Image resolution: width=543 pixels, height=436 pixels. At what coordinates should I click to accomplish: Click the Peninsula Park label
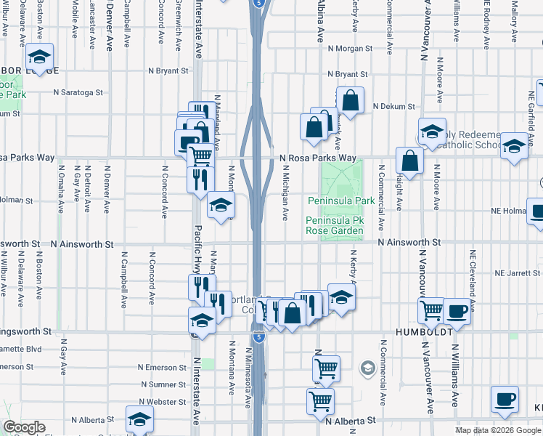click(340, 201)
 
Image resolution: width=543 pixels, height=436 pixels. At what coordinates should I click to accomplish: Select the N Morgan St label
click(350, 49)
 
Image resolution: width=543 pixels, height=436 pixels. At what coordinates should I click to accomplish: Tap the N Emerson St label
click(162, 368)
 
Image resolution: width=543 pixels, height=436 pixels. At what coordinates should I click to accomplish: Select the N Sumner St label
click(164, 384)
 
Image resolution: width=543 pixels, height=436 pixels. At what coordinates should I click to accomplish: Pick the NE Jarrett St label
click(518, 274)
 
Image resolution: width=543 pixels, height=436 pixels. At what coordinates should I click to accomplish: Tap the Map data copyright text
click(497, 430)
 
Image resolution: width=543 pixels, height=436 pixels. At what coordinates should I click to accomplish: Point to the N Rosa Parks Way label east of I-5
click(318, 158)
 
